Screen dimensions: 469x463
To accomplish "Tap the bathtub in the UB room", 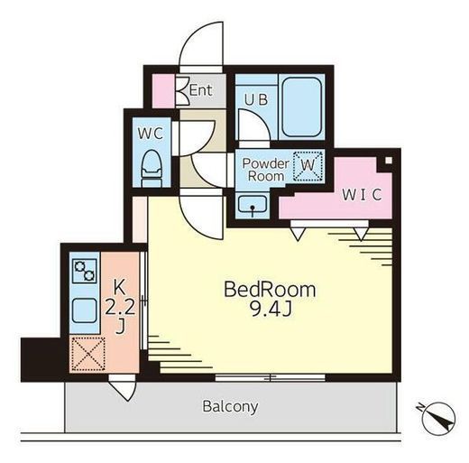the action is coord(301,106).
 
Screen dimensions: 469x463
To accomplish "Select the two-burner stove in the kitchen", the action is coord(85,272).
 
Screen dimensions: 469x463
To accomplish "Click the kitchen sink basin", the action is coord(85,310).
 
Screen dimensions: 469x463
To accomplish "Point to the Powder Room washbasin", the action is coord(253,205).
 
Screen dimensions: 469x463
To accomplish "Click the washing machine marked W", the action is coord(308,166).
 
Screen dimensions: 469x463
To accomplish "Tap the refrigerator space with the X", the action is coord(88,354).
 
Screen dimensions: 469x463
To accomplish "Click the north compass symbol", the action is coord(438,418).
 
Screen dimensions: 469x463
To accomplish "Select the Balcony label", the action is coord(230,407).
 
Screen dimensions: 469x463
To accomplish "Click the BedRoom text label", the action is coord(270,290).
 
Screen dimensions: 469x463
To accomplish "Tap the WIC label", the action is coord(362,195).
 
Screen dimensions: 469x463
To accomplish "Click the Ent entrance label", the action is coord(201,89).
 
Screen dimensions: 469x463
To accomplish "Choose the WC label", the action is coord(151,134).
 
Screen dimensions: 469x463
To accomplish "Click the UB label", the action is coord(256,99).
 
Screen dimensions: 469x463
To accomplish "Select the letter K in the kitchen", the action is coord(119,287).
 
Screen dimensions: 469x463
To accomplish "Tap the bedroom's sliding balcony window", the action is coord(270,377).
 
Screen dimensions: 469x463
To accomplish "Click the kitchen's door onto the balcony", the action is coord(123,388).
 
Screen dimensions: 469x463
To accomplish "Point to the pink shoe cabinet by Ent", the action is coord(164,91).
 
